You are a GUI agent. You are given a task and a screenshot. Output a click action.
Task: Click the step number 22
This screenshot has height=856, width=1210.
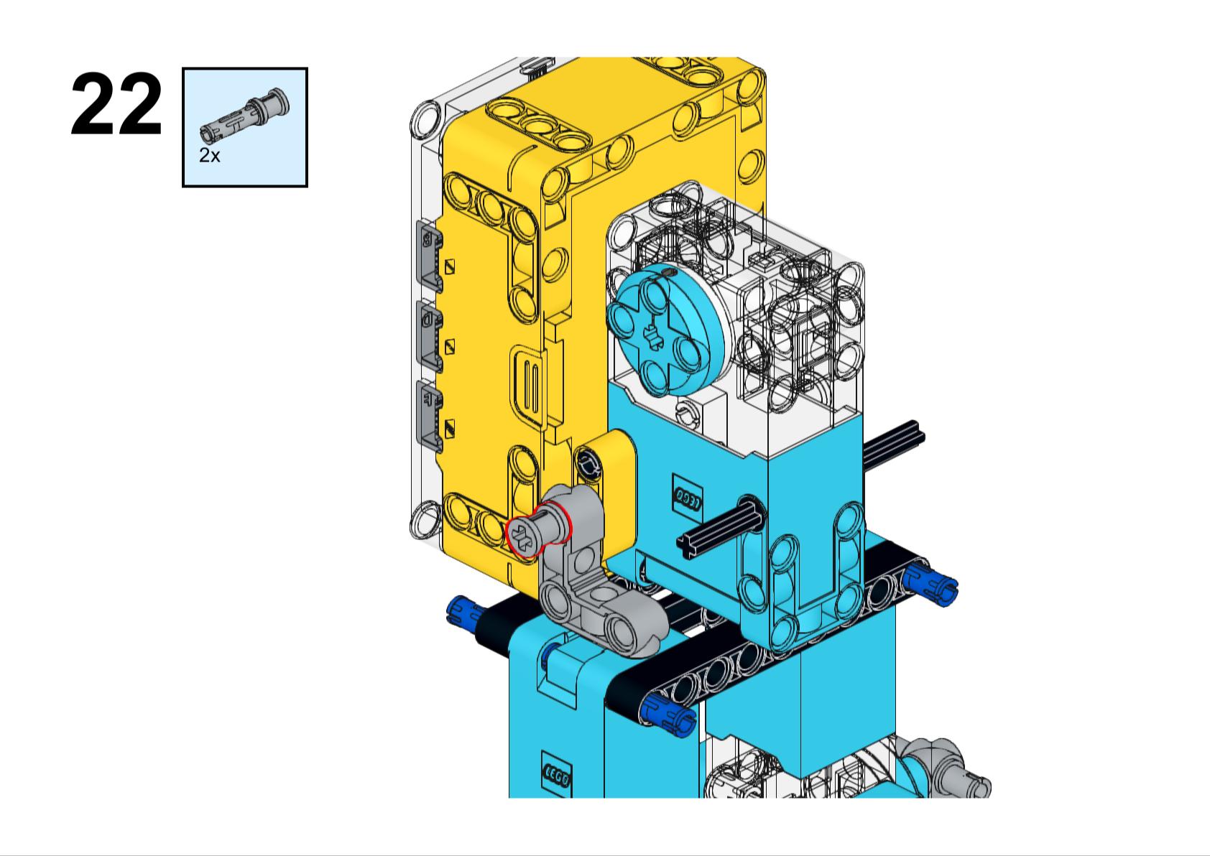pos(116,106)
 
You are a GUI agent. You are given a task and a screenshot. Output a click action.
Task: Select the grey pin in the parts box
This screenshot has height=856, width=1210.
pos(244,115)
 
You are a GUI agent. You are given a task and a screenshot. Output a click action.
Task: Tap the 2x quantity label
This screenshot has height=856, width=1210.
pos(209,156)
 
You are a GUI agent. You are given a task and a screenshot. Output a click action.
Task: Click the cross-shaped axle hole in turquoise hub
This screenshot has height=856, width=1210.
pos(653,335)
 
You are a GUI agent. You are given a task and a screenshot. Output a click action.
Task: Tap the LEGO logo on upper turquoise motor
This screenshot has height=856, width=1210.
pos(688,499)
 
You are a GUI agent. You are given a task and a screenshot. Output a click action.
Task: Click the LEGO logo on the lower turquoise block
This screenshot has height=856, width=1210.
pos(556,775)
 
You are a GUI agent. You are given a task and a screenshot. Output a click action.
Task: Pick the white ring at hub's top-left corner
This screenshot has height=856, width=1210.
pos(425,118)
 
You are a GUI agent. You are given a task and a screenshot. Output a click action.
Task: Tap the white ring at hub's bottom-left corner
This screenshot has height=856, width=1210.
pos(425,519)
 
